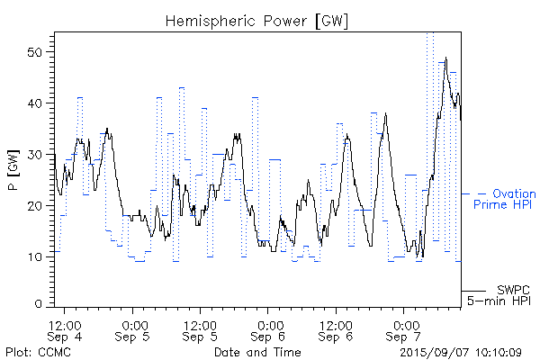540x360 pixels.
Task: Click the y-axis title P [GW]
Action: coord(13,168)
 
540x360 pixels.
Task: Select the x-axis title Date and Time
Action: coord(256,351)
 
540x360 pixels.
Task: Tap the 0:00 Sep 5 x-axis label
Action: coord(135,329)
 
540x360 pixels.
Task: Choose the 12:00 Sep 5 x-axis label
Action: coord(201,329)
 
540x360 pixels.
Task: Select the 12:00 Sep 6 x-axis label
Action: coord(336,329)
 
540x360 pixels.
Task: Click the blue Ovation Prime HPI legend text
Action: coord(504,199)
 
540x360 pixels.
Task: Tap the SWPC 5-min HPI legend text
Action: coord(499,294)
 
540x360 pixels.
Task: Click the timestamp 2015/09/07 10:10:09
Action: coord(461,351)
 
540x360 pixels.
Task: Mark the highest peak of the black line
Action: coord(445,58)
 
